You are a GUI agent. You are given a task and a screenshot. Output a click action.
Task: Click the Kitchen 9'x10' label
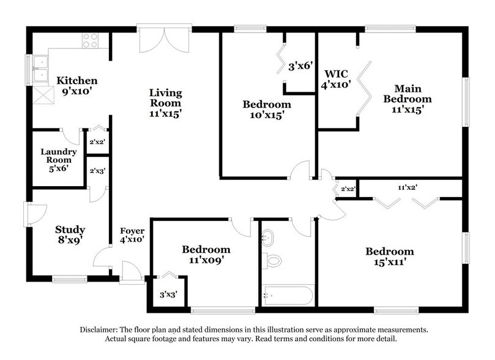click(76, 86)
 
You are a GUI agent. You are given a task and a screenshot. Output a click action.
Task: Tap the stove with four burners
click(90, 40)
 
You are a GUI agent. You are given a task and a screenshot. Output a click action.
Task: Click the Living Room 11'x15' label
click(166, 102)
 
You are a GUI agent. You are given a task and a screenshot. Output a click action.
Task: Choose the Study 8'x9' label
click(69, 235)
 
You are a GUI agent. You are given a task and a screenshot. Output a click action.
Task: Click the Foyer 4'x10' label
click(132, 235)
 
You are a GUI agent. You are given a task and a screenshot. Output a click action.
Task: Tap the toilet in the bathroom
click(274, 260)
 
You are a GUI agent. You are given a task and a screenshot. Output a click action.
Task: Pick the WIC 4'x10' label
click(336, 80)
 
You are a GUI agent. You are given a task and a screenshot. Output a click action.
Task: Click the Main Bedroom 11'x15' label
click(404, 99)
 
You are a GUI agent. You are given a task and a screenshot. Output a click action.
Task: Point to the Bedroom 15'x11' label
click(389, 257)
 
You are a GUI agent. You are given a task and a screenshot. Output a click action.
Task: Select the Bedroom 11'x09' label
click(206, 255)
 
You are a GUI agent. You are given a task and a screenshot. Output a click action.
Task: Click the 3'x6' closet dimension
click(300, 66)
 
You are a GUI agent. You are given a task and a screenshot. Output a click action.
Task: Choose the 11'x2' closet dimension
click(408, 188)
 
